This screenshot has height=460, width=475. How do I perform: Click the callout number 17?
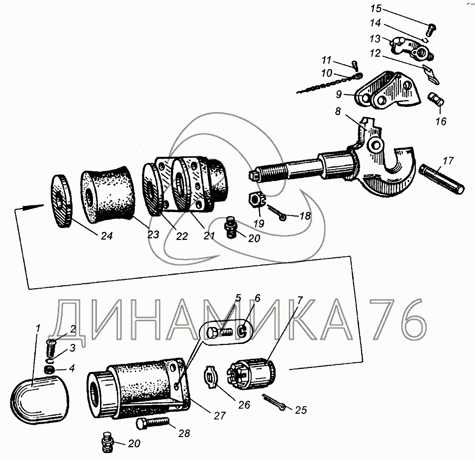[448, 161]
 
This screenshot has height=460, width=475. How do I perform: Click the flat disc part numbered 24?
[63, 202]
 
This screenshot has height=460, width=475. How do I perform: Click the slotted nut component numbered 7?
[251, 376]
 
